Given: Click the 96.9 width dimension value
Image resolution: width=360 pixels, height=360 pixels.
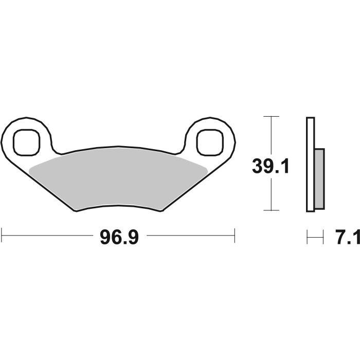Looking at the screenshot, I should tap(118, 237).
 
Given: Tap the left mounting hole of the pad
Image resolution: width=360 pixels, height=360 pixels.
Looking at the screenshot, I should tap(26, 141).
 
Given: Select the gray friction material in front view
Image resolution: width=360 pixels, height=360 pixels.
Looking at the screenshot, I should tap(118, 180).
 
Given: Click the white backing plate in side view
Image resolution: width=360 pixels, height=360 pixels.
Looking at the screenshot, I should tap(310, 165).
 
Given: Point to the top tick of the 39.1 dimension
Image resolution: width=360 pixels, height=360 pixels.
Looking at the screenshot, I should tap(271, 117).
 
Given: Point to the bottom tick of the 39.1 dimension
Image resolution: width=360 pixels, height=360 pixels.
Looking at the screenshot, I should tap(271, 210).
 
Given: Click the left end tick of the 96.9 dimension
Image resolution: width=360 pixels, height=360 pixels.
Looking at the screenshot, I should tap(2, 237).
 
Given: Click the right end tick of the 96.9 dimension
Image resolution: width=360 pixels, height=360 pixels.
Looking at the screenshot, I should tap(235, 237).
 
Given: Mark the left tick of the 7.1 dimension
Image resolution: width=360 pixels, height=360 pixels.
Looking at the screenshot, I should tap(307, 238).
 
